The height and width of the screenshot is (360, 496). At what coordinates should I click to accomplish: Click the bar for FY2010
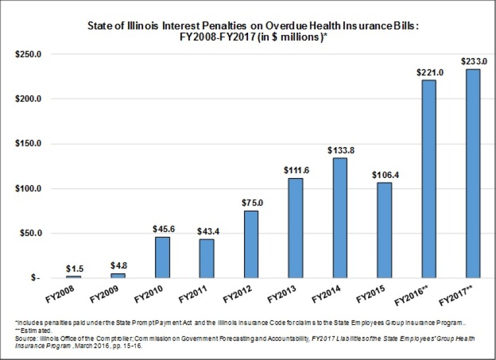pos(162,257)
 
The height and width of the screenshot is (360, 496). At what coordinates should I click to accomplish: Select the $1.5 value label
pos(73,269)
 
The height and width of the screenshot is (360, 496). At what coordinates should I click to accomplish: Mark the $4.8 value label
pos(118,266)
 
